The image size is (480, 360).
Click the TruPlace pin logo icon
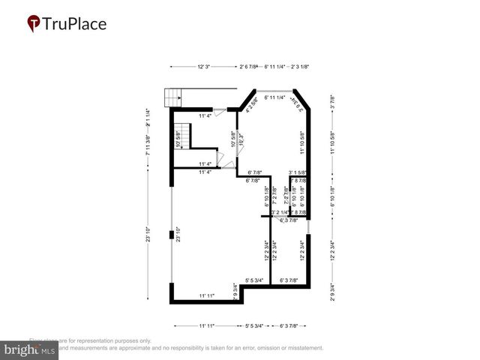[x=34, y=24]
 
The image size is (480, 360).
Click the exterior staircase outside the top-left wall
[x=173, y=97]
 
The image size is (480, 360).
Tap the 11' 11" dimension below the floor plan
[x=207, y=326]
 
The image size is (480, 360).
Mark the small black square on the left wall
[x=172, y=235]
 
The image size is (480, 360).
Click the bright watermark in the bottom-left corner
[x=29, y=350]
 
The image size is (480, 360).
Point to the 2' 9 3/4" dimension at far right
[x=332, y=290]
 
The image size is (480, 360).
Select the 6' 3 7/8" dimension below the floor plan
[x=289, y=326]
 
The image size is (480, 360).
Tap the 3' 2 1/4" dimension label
[x=280, y=213]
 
